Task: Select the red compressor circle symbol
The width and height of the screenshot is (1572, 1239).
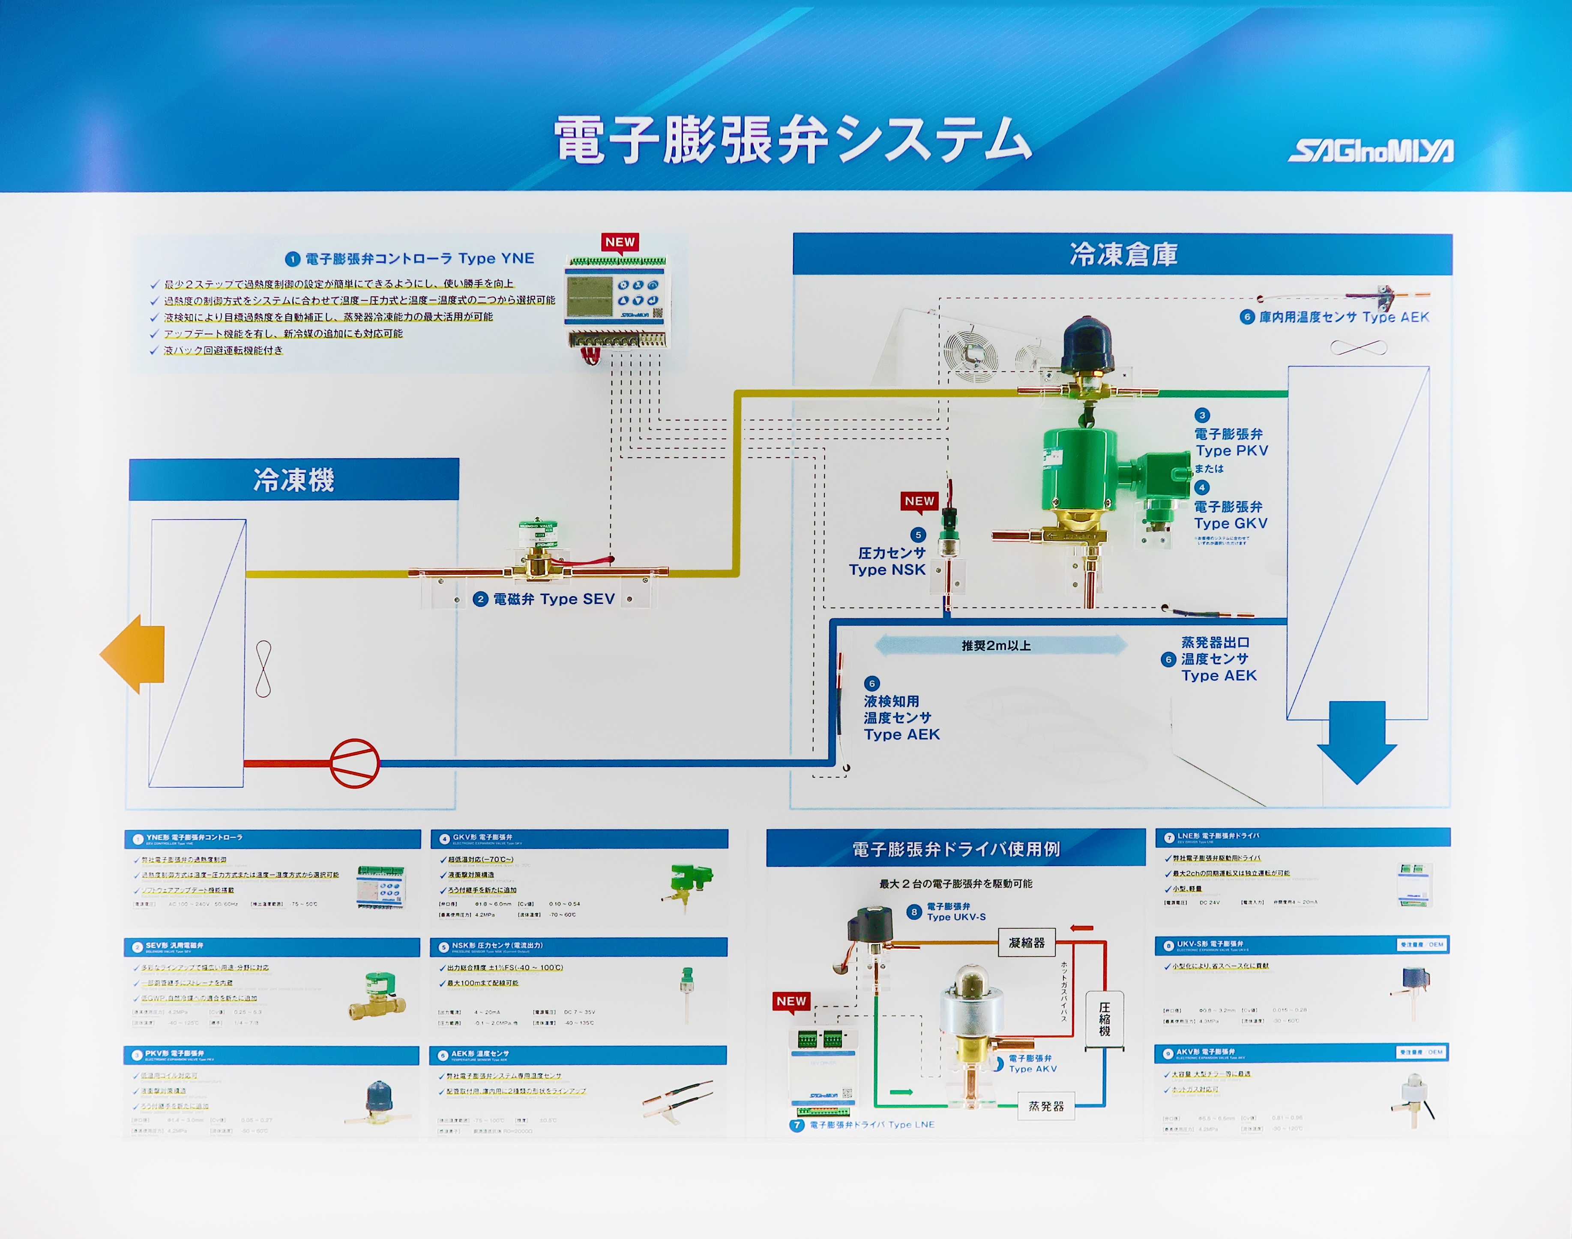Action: [x=355, y=763]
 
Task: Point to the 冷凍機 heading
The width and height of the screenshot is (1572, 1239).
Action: [x=293, y=480]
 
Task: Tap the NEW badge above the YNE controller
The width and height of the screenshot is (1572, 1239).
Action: [x=619, y=242]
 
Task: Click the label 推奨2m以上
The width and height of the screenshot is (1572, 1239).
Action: [x=996, y=645]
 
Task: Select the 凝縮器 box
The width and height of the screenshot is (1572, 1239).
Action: [x=1027, y=943]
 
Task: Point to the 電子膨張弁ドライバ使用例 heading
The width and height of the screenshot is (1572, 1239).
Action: [x=956, y=849]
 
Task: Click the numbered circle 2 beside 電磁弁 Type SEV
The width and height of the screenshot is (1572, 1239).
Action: [x=480, y=599]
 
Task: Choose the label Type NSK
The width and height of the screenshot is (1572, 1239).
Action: [x=887, y=570]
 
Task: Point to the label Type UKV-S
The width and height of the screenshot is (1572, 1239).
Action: [x=956, y=917]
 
